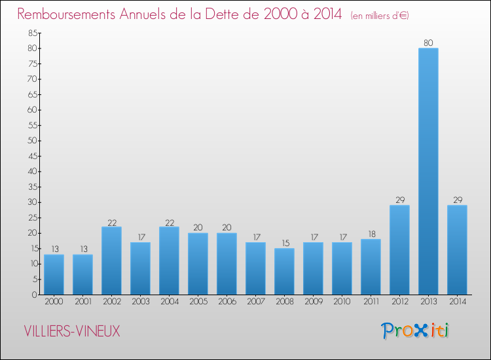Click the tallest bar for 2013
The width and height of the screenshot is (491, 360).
(x=428, y=171)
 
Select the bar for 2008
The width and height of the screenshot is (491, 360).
(x=284, y=272)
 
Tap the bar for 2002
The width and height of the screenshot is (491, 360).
(x=111, y=261)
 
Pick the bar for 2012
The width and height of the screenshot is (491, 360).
(x=399, y=250)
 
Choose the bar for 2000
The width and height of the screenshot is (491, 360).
(x=54, y=275)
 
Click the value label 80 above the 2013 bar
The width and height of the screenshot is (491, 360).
(x=428, y=43)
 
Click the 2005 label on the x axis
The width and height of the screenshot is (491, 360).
(x=198, y=302)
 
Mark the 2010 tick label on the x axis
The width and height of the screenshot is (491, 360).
(x=342, y=302)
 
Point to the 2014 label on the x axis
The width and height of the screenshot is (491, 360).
(x=457, y=302)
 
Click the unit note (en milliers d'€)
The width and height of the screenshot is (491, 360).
(x=380, y=15)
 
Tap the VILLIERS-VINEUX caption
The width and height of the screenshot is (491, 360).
(x=72, y=331)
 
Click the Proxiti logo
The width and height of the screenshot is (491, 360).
(x=415, y=331)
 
